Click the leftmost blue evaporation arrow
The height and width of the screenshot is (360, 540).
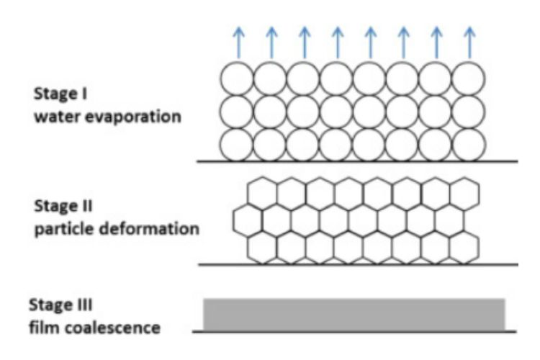click(x=238, y=42)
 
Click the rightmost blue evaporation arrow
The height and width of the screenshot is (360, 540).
click(x=470, y=42)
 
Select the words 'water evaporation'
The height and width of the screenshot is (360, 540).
click(x=106, y=115)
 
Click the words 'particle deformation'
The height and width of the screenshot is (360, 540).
click(x=116, y=230)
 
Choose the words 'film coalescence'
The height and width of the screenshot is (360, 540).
click(x=94, y=328)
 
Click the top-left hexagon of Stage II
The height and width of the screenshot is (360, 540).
click(x=262, y=192)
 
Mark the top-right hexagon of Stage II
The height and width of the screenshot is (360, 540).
click(x=463, y=192)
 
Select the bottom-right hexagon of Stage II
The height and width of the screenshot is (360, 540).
click(x=463, y=246)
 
